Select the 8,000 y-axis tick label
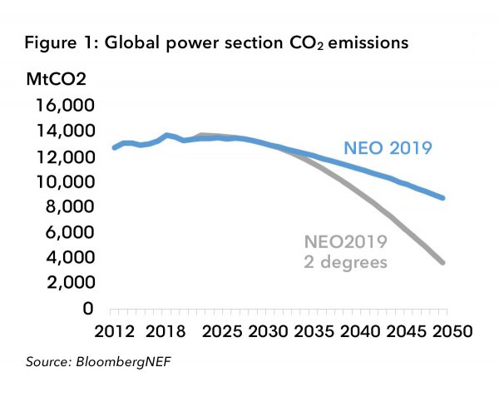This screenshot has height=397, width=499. coord(67,206)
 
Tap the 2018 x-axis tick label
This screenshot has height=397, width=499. coord(171,330)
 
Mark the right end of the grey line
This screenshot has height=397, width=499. coord(444,263)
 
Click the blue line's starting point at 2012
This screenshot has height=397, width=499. coord(114,147)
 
